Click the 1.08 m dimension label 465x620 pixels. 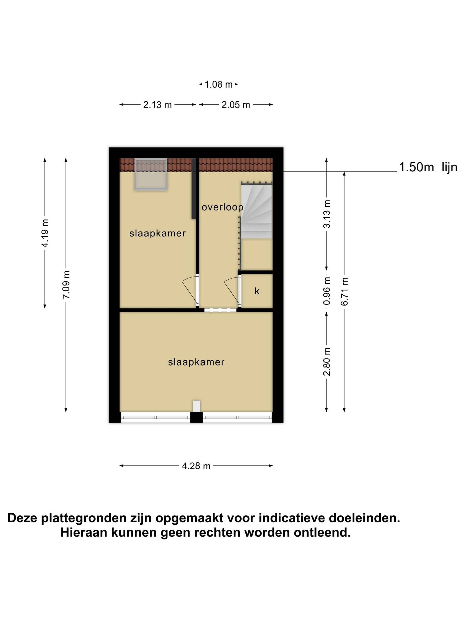219,84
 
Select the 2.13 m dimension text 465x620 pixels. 158,105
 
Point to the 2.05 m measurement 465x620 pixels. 236,105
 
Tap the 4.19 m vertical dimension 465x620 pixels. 45,233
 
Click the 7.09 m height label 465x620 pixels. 66,284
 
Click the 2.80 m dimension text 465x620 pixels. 327,362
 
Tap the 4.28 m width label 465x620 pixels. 196,466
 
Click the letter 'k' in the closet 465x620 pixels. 257,291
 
